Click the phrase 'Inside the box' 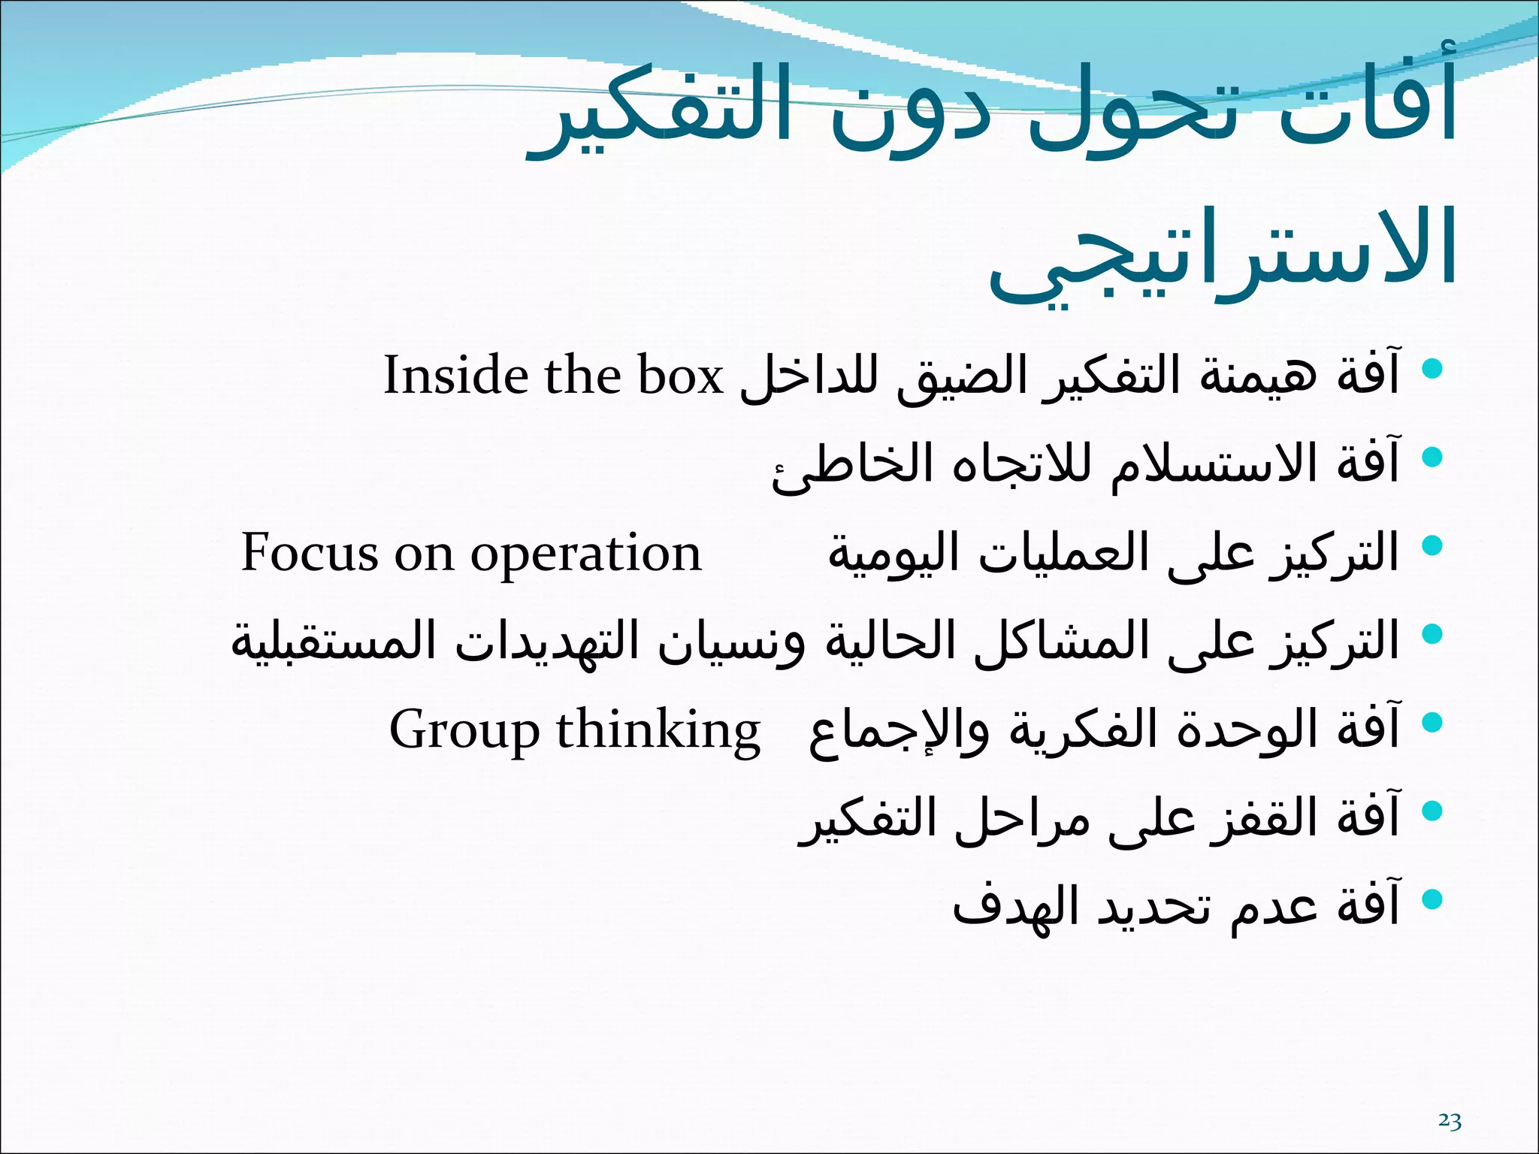click(553, 375)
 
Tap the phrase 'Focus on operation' click(470, 553)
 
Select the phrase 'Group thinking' click(574, 730)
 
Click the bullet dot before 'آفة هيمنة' click(1432, 368)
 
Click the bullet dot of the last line click(1432, 899)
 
